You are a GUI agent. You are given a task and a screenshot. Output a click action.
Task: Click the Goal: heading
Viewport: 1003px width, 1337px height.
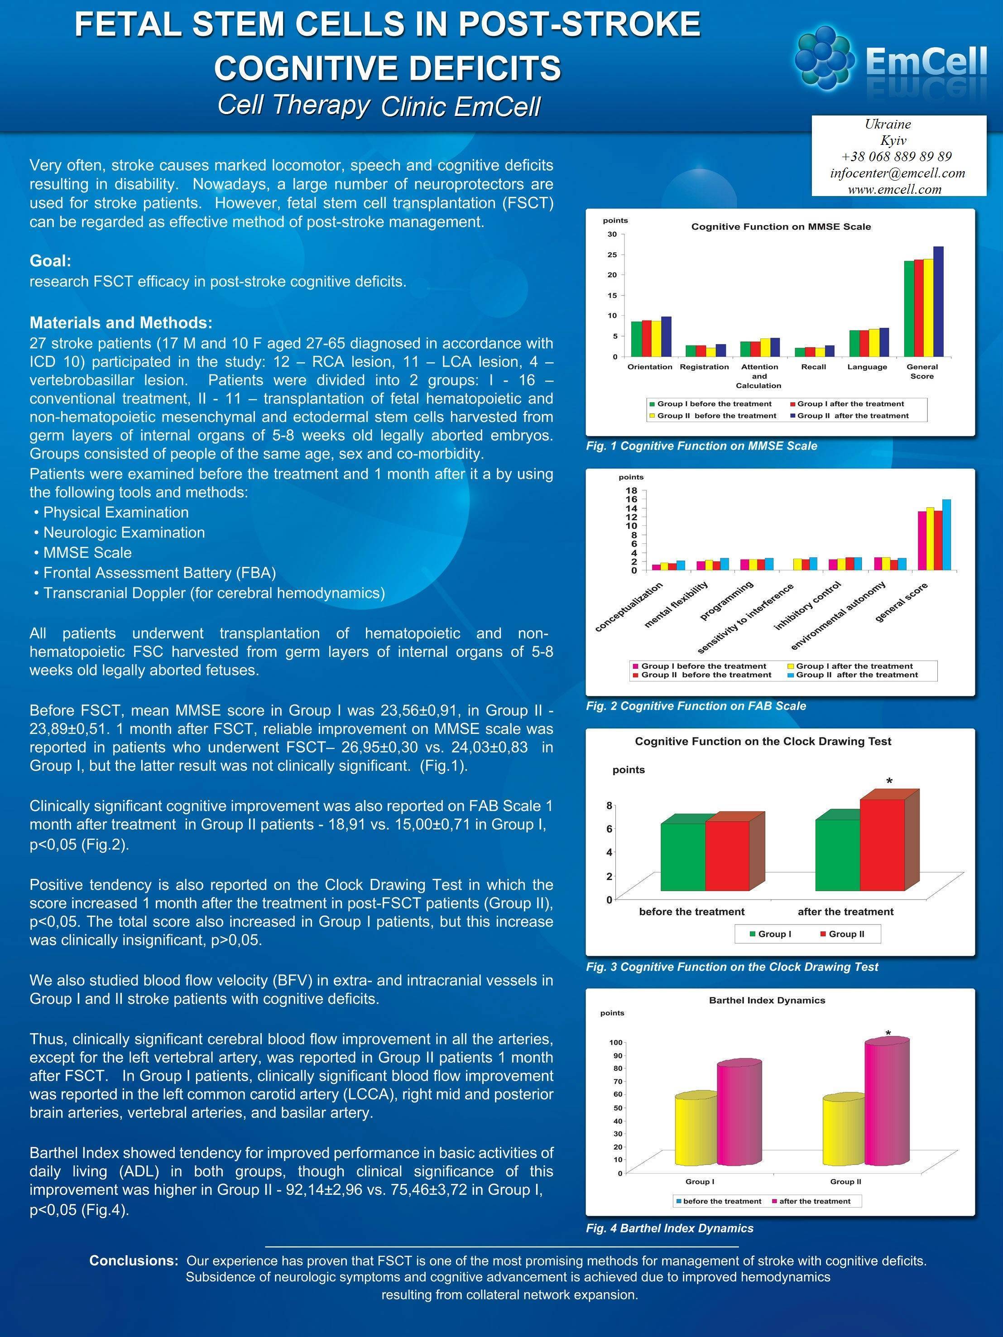click(x=51, y=261)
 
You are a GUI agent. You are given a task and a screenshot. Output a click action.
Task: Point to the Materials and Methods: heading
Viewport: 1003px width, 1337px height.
click(x=121, y=322)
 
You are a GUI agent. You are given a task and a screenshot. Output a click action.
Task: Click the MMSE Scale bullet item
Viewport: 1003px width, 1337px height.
click(x=87, y=552)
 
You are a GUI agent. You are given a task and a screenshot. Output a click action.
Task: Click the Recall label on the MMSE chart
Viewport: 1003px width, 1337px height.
click(x=813, y=367)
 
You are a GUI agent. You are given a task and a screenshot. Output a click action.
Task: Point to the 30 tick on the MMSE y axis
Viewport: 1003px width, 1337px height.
click(x=612, y=235)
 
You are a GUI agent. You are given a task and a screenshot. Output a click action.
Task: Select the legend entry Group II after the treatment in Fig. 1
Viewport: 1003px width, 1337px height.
click(x=853, y=416)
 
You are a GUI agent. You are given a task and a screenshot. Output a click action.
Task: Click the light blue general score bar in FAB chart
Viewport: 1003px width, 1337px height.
click(x=946, y=535)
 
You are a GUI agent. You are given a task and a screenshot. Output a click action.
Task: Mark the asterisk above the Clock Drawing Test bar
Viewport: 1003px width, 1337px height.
click(x=889, y=781)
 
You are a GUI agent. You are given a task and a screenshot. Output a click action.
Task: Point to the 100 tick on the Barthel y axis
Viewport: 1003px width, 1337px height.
click(x=615, y=1043)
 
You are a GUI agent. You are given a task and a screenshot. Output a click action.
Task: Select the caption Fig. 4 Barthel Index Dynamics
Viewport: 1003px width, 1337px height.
click(x=669, y=1228)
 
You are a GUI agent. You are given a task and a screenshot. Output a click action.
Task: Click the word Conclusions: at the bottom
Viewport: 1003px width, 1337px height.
click(x=134, y=1261)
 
